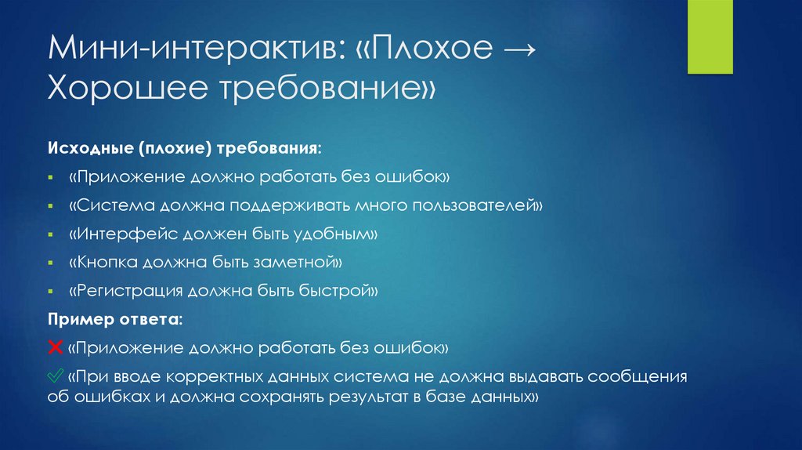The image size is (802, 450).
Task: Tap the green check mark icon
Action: click(56, 376)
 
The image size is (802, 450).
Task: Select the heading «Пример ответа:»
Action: click(115, 320)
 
